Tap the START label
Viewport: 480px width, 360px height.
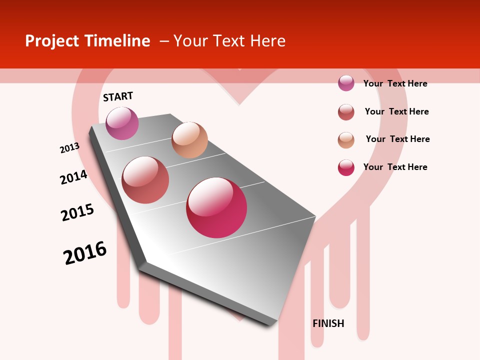click(x=118, y=96)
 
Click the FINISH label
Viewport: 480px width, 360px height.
click(x=328, y=323)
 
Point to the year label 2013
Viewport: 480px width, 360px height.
click(x=69, y=148)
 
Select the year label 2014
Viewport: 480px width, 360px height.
click(x=73, y=177)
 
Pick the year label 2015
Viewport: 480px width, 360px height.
click(x=77, y=212)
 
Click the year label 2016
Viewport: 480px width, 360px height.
click(x=85, y=253)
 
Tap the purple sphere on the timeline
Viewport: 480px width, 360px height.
click(x=122, y=123)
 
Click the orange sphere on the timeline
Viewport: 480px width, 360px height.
click(x=189, y=140)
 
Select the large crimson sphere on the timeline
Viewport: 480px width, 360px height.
click(x=216, y=207)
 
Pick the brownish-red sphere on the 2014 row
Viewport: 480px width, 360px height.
click(x=145, y=180)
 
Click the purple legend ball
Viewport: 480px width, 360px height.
click(x=346, y=83)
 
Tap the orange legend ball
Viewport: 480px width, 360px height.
click(x=346, y=140)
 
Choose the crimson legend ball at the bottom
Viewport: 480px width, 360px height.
click(x=346, y=167)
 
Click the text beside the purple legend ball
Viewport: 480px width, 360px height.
click(x=395, y=83)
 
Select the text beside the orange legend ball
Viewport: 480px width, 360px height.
click(x=397, y=139)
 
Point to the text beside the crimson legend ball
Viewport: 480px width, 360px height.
click(x=395, y=167)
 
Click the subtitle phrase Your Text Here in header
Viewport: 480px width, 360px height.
click(x=229, y=41)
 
